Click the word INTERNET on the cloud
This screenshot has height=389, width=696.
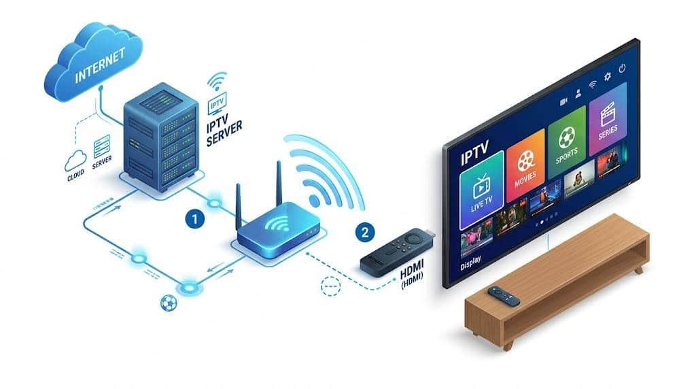[100, 65]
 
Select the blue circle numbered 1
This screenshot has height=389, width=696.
[194, 219]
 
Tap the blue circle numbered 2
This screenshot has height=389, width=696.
[365, 233]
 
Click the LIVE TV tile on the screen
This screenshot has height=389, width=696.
[482, 190]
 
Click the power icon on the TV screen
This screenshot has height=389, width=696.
[623, 68]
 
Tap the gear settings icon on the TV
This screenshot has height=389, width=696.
[607, 76]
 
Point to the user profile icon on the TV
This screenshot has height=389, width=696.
[578, 94]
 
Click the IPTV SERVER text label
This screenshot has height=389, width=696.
[224, 129]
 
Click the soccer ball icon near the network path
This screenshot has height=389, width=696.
[169, 303]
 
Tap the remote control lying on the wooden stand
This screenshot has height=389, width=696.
[504, 297]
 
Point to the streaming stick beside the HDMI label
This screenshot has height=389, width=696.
[396, 252]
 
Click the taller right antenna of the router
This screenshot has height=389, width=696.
[279, 184]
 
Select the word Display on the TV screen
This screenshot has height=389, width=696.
[470, 263]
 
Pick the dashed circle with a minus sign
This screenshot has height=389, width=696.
[331, 286]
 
